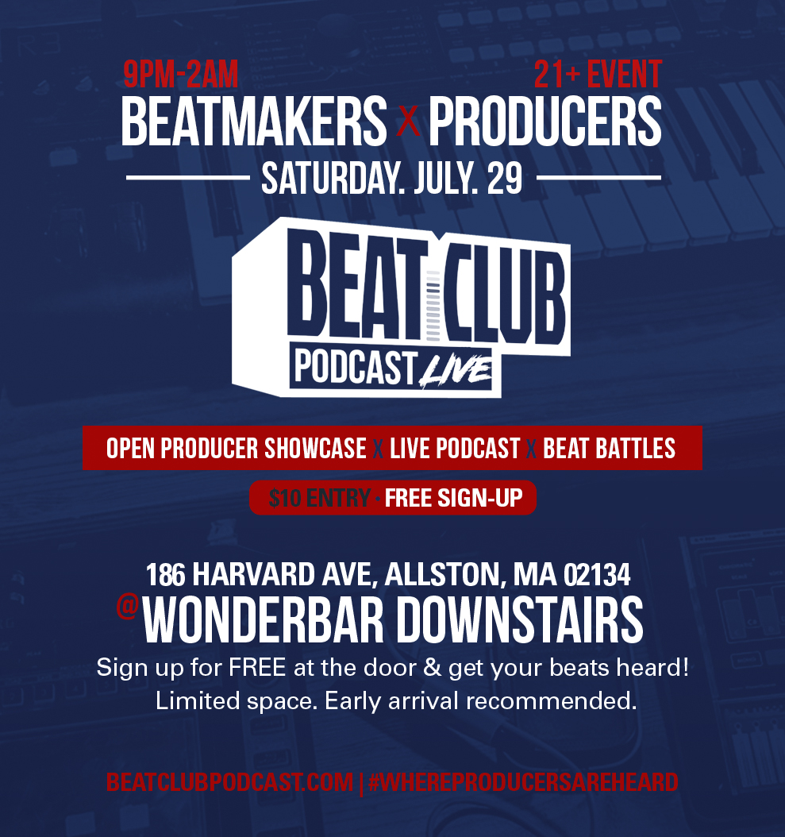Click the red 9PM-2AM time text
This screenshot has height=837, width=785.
tap(180, 74)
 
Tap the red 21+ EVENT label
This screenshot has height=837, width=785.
tap(598, 74)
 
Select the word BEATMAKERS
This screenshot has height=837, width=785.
tap(254, 121)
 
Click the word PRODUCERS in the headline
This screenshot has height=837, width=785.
tap(544, 121)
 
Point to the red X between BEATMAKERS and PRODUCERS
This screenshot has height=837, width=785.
tap(408, 123)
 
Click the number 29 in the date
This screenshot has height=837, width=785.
tap(504, 179)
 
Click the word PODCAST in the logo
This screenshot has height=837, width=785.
tap(356, 367)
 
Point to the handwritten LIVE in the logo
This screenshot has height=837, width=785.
tap(455, 371)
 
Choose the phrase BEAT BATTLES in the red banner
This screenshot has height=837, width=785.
tap(609, 449)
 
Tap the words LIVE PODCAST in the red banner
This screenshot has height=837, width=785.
tap(455, 449)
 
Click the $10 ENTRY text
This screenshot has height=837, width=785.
tap(319, 498)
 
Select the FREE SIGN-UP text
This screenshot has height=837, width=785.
tap(453, 498)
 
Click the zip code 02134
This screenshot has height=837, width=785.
tap(597, 575)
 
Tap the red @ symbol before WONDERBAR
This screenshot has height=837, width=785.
tap(128, 607)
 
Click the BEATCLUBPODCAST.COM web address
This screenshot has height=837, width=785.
tap(229, 782)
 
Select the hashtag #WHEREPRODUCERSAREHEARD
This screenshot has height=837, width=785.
tap(523, 782)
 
